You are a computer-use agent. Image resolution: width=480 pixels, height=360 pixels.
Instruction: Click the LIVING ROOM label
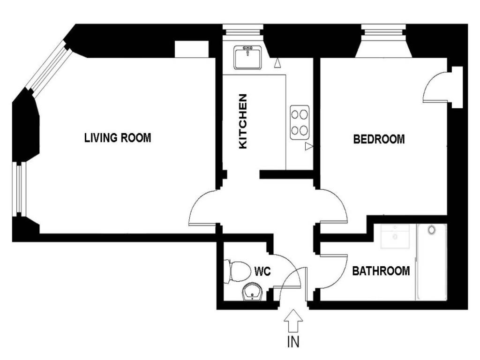click(x=118, y=138)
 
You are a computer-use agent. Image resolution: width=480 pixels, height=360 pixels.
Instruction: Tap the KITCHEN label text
click(x=243, y=121)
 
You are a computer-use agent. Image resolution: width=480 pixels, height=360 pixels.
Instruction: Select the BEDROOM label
click(x=379, y=139)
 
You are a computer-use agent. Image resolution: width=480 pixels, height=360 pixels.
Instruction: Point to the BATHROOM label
click(x=381, y=271)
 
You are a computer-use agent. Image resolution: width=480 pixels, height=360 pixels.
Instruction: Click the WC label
click(x=262, y=271)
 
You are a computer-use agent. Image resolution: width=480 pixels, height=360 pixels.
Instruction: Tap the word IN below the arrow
click(x=293, y=342)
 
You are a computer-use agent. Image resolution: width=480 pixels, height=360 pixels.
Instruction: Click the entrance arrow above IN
click(x=293, y=321)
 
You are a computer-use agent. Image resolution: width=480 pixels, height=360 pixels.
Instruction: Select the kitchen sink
click(x=247, y=58)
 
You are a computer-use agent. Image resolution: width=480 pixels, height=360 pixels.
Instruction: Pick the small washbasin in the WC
click(x=252, y=292)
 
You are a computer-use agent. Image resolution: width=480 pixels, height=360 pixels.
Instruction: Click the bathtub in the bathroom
click(x=431, y=262)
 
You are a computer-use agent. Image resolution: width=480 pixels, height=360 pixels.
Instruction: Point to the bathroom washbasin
click(x=395, y=236)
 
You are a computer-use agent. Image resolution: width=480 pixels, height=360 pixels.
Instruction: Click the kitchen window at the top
click(x=242, y=30)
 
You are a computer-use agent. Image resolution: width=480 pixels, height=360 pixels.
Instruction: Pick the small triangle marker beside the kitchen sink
click(x=277, y=63)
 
